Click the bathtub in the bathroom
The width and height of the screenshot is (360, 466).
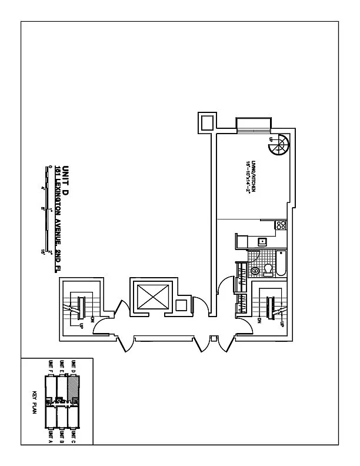click(x=281, y=263)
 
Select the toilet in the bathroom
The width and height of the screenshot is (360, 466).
click(x=268, y=269)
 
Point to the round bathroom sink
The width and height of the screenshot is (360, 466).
click(x=255, y=270)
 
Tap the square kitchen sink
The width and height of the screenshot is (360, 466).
click(x=263, y=241)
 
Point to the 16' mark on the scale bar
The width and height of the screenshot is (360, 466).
click(x=43, y=252)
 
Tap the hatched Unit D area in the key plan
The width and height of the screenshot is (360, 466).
click(x=73, y=388)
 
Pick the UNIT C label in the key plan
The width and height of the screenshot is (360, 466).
click(x=74, y=436)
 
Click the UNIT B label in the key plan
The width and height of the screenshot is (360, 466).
click(x=62, y=436)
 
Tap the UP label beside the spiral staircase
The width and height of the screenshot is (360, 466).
click(x=271, y=139)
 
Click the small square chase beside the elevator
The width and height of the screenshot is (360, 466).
click(x=182, y=305)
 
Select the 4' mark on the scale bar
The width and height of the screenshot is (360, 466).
click(x=43, y=188)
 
